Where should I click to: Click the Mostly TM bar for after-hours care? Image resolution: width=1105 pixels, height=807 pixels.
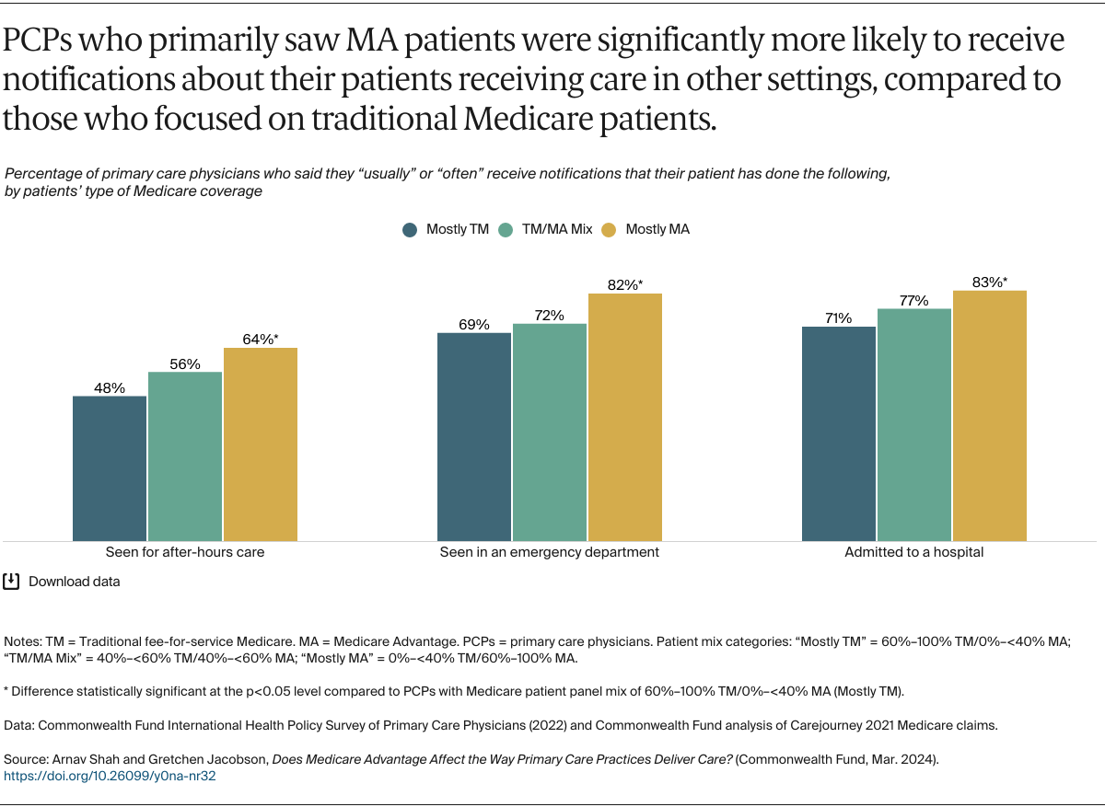(110, 468)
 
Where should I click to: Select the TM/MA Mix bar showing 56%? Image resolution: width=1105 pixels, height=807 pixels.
(185, 456)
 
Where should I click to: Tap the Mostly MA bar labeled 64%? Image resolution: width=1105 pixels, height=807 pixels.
(261, 444)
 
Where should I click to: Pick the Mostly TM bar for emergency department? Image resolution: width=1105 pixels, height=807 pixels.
(474, 436)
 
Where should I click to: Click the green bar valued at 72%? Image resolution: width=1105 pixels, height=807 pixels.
(550, 432)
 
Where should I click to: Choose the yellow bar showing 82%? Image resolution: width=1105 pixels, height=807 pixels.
(625, 417)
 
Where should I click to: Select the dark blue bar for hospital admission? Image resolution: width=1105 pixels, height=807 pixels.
(839, 433)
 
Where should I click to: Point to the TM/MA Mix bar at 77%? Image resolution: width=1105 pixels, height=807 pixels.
(914, 424)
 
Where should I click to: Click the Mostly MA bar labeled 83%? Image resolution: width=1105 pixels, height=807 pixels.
(990, 415)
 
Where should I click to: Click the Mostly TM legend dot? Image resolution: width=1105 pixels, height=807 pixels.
(411, 230)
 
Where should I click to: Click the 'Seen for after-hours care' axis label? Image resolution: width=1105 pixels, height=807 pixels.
(185, 552)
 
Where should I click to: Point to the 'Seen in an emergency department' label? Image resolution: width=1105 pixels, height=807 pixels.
(550, 552)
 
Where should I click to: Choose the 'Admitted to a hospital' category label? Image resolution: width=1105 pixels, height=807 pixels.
(914, 552)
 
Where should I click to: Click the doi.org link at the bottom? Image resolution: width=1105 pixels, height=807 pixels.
(110, 776)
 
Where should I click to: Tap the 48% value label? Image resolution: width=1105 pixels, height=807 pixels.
(110, 388)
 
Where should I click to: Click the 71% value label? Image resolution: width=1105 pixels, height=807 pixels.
(839, 318)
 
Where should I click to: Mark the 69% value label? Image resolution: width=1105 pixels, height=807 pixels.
(474, 325)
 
